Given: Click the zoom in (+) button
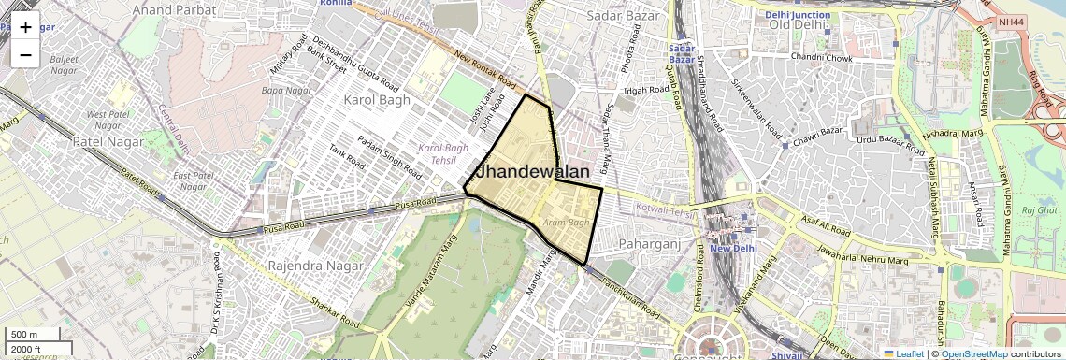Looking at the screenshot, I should tap(25, 27).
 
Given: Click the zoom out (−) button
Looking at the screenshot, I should tap(25, 54).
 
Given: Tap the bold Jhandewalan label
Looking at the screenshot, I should tap(533, 172).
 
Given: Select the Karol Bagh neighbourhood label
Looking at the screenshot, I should tap(378, 99).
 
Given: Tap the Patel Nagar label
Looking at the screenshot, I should tap(108, 142).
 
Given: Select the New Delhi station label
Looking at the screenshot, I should tap(732, 248).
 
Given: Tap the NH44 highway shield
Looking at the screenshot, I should tap(1011, 21).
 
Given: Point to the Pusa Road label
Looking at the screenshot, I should tap(414, 203).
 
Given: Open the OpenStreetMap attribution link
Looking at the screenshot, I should tap(973, 354).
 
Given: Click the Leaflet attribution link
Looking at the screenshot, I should tap(903, 354).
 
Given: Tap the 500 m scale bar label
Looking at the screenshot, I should tap(24, 335).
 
